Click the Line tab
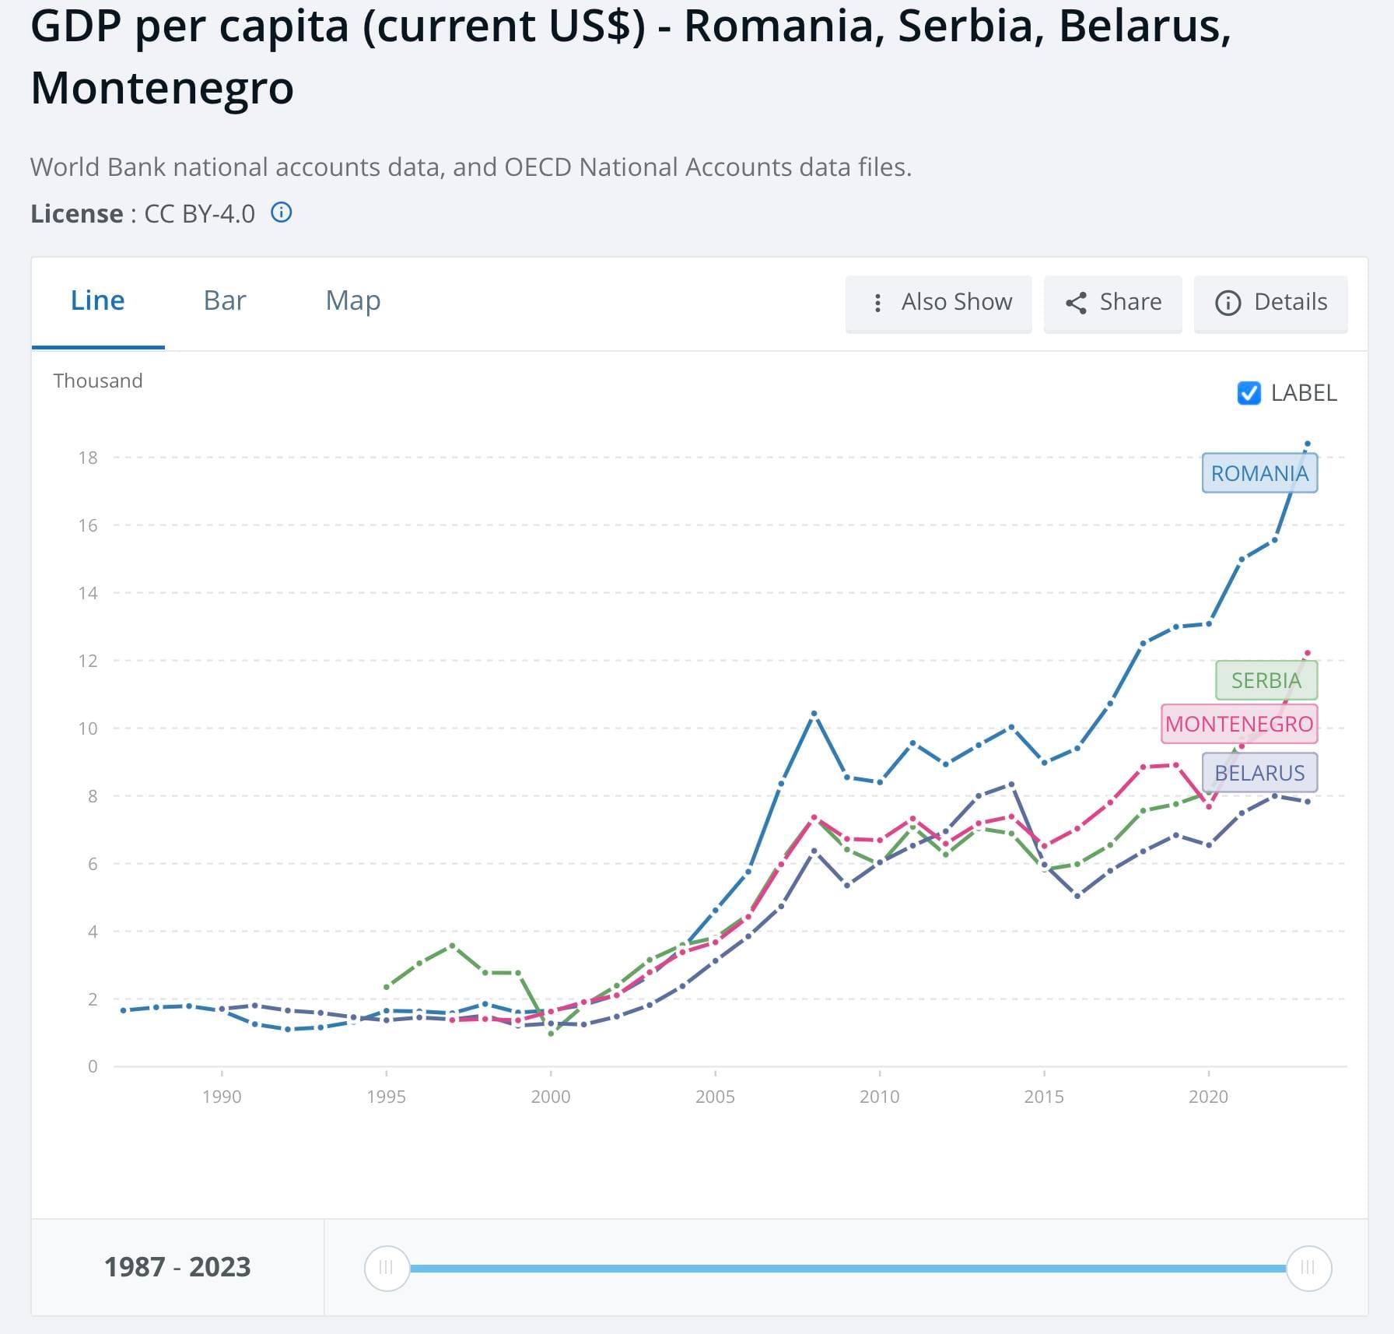[x=97, y=301]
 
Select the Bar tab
[x=225, y=301]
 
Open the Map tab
[x=353, y=301]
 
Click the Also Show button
[x=939, y=303]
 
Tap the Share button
[x=1113, y=303]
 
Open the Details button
[x=1271, y=303]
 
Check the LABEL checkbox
[x=1249, y=393]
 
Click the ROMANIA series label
[x=1259, y=473]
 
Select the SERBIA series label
[x=1266, y=680]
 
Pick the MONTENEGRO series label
[x=1239, y=724]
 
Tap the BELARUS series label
[x=1259, y=773]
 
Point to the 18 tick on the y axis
[x=88, y=458]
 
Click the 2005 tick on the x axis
[x=715, y=1096]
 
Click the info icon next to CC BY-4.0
[x=282, y=212]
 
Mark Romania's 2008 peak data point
[x=814, y=713]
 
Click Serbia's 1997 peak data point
[x=452, y=946]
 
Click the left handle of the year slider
[x=387, y=1268]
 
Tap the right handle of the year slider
[x=1308, y=1268]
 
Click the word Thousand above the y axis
[x=98, y=381]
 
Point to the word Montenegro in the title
[x=162, y=87]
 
